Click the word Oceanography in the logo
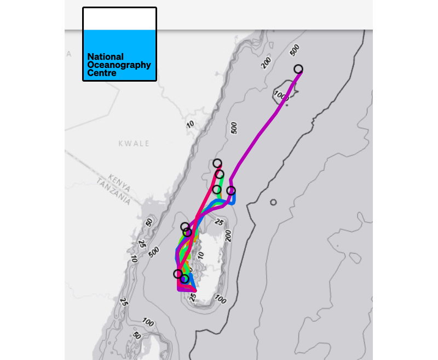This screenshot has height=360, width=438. click(x=119, y=65)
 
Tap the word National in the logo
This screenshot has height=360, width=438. click(x=106, y=56)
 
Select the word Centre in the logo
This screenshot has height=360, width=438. click(x=102, y=73)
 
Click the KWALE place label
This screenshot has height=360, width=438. click(x=134, y=144)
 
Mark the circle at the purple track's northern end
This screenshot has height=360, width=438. click(x=298, y=69)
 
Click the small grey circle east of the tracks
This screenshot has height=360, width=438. click(x=273, y=203)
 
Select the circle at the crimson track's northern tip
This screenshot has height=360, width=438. click(x=217, y=163)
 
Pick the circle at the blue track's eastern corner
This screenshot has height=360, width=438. click(x=231, y=191)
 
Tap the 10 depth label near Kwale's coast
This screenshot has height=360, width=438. click(x=190, y=124)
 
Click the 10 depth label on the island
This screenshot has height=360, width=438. click(x=201, y=255)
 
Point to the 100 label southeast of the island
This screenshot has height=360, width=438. click(x=221, y=300)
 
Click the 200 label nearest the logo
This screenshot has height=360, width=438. click(x=266, y=63)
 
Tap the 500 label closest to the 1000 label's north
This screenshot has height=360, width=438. click(x=295, y=50)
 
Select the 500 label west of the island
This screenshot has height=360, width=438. click(x=154, y=252)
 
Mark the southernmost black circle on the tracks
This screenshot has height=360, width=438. click(x=185, y=279)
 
